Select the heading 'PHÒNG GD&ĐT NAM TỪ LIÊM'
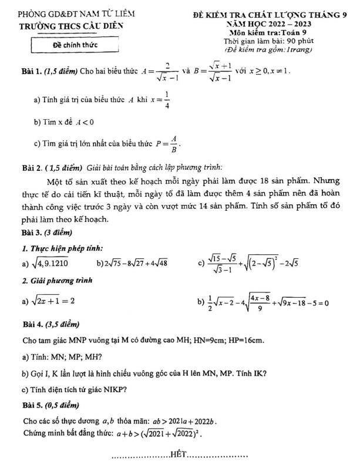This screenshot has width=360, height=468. coord(70,14)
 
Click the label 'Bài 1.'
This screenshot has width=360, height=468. coord(32,71)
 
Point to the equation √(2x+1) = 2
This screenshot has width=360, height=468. coord(48,301)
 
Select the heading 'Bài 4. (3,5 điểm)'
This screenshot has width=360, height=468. coord(51,324)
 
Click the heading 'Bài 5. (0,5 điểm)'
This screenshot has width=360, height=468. coord(51,405)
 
